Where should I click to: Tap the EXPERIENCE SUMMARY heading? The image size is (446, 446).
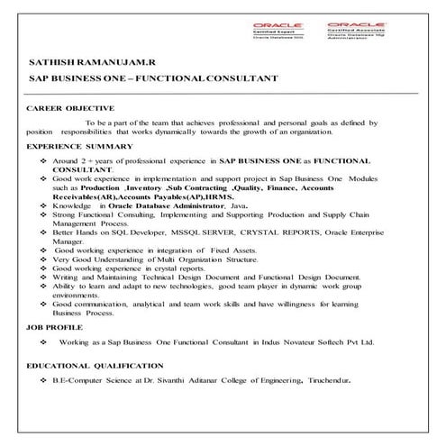79,146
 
